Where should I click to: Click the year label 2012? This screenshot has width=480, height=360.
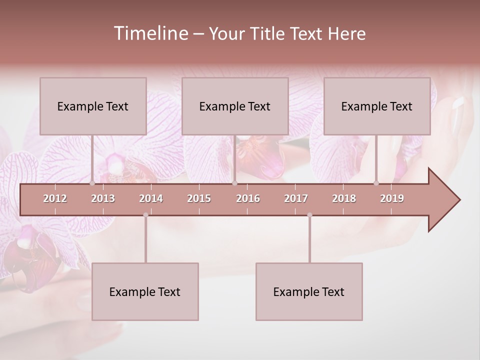point(55,198)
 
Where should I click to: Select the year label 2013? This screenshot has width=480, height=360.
point(103,198)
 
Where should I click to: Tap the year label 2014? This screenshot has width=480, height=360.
point(151,198)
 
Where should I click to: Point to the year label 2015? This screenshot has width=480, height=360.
point(199,198)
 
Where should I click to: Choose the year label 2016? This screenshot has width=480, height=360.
point(248,198)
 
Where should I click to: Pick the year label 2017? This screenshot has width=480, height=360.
point(296,198)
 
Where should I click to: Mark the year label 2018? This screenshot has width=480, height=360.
point(344,198)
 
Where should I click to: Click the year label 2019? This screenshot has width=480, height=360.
point(392,198)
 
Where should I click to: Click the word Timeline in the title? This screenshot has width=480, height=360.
point(150,33)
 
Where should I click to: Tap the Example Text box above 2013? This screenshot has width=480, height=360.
point(93,106)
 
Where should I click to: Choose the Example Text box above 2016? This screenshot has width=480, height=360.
point(235,106)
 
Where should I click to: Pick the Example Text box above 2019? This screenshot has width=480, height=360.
point(377,106)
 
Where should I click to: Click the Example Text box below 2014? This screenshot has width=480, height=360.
point(145,291)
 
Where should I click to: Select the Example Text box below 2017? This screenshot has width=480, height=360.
point(309,291)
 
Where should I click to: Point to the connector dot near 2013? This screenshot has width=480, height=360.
point(92,183)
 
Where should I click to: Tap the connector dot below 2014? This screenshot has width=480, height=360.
point(145,215)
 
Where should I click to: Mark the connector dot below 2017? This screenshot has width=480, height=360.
point(309,215)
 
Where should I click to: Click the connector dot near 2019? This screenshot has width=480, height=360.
point(376,183)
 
